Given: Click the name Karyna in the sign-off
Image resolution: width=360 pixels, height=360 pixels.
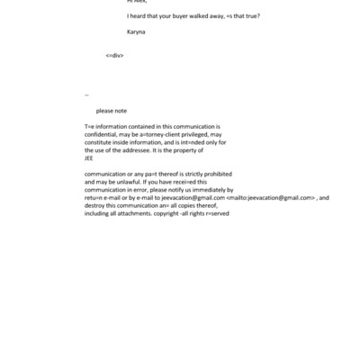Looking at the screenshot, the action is click(135, 31).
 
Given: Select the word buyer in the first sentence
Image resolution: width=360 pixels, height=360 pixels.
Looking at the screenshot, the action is click(182, 16).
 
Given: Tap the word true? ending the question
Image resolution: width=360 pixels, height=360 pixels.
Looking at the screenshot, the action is click(250, 16).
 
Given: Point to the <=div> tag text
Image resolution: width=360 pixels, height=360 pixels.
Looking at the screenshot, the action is click(114, 55).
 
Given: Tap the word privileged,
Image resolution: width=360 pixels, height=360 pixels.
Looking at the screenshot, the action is click(200, 134).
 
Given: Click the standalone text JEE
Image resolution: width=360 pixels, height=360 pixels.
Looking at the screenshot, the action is click(88, 157).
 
